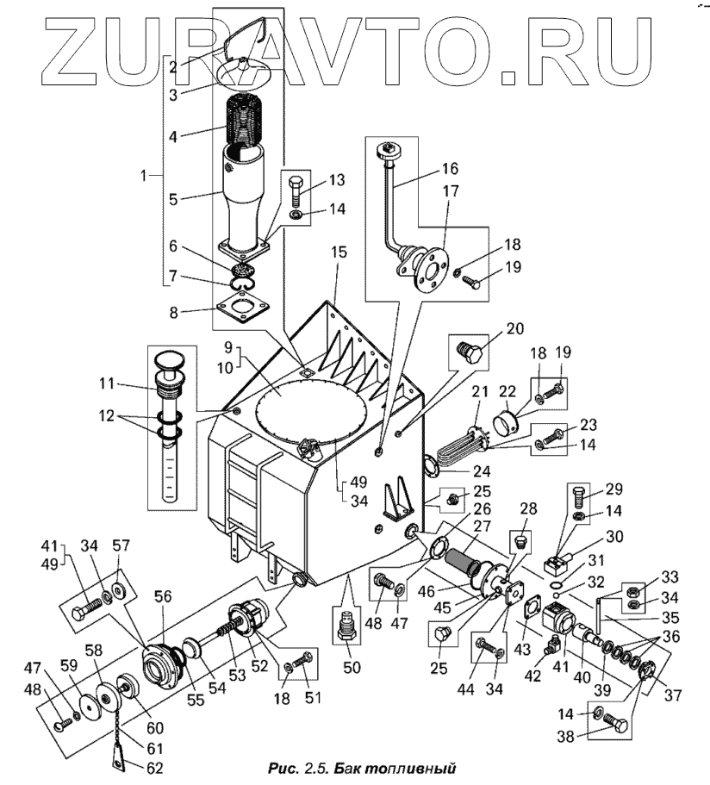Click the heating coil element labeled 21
point(459,448)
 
